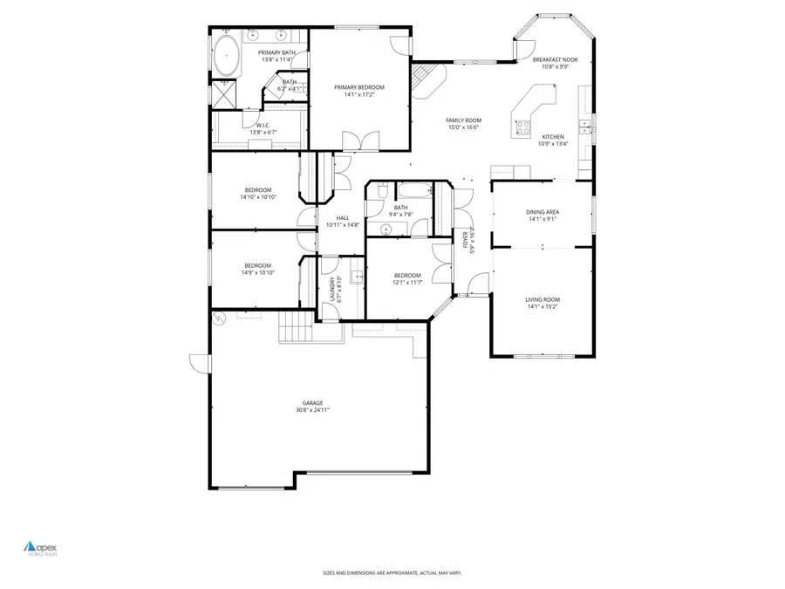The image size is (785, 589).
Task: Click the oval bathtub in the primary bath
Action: click(228, 56)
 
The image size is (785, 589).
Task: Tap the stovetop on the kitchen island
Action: click(524, 127)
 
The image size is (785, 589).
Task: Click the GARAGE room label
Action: click(312, 403)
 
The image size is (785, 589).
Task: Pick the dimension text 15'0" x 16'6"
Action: click(464, 127)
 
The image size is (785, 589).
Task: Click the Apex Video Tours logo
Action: click(39, 548)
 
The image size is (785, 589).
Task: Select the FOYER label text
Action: click(466, 239)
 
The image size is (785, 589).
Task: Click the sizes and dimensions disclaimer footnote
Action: click(392, 572)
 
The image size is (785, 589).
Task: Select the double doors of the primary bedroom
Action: click(360, 140)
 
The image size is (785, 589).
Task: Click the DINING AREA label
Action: click(542, 212)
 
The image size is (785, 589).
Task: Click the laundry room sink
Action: click(357, 278)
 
